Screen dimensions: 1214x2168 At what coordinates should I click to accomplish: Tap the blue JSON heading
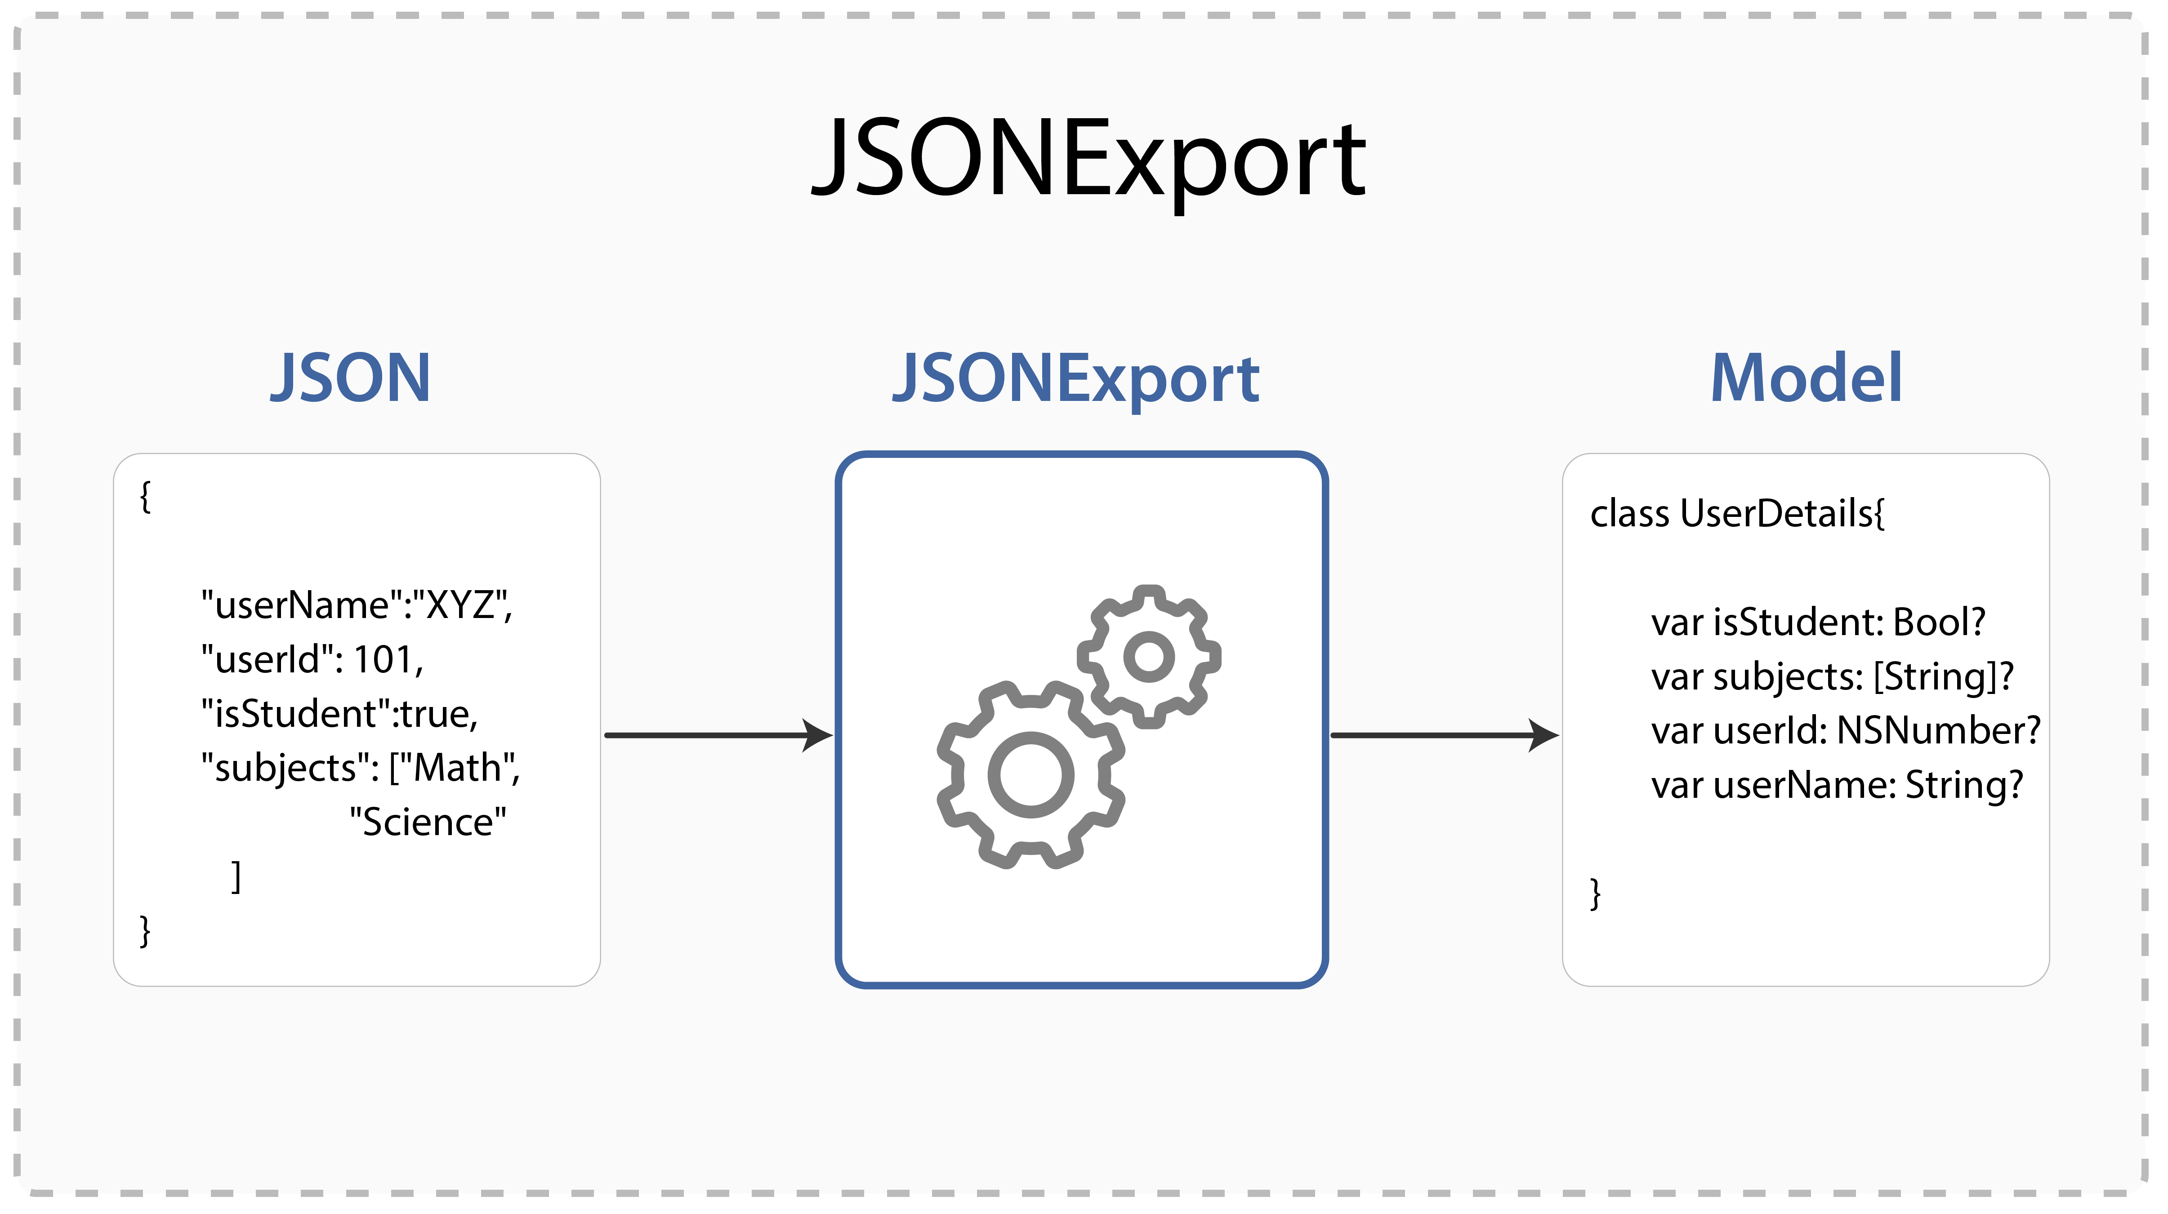point(350,378)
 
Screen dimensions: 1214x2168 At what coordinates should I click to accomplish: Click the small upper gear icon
point(1149,656)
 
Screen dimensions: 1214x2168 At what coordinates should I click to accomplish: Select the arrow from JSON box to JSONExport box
point(718,735)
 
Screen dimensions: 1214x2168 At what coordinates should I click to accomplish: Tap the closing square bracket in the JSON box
point(236,876)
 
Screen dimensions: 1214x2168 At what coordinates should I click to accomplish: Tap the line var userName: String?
point(1836,785)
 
